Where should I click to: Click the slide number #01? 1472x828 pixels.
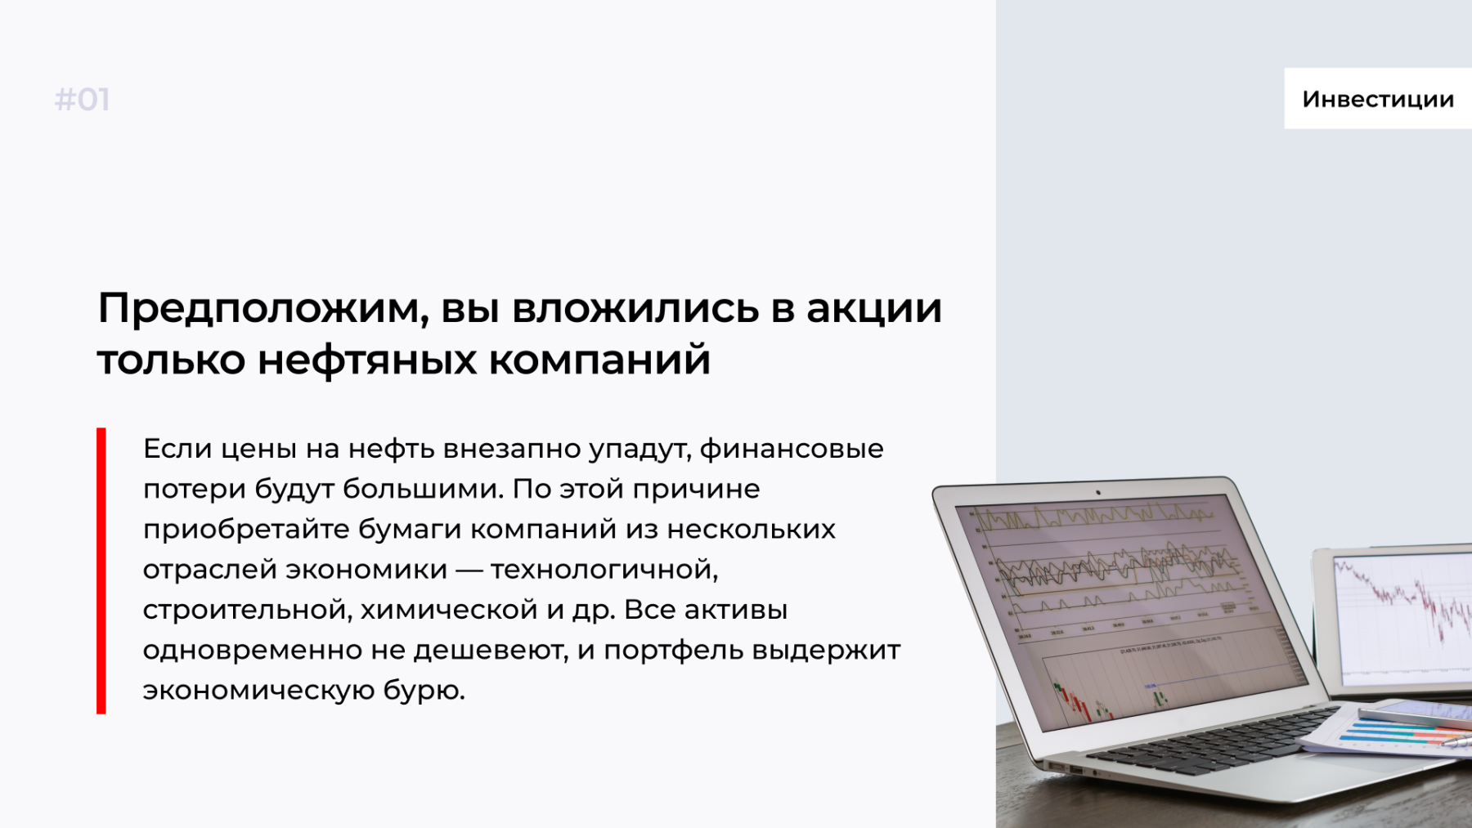tap(82, 100)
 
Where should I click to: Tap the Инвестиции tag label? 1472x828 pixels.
tap(1378, 99)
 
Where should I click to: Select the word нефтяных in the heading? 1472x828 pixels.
tap(367, 360)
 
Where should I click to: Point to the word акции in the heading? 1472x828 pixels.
tap(874, 310)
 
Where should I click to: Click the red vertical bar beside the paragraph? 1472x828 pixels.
tap(101, 571)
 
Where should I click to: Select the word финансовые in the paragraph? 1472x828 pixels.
tap(792, 449)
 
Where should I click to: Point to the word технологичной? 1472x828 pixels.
tap(604, 570)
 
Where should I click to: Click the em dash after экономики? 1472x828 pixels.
tap(469, 571)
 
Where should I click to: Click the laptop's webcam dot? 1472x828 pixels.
tap(1098, 493)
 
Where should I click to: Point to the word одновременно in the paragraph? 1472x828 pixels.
tap(252, 651)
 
